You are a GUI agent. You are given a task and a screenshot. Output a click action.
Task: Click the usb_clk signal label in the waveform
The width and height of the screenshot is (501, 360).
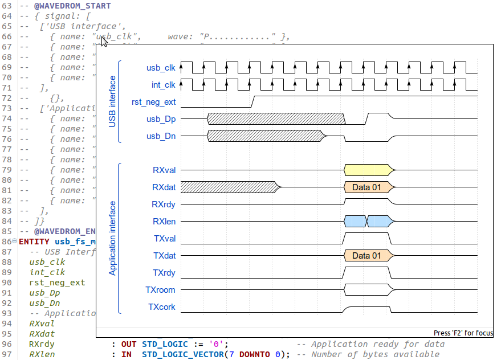[x=161, y=68]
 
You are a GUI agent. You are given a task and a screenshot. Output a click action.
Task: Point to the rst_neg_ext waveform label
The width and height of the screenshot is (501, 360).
[x=153, y=103]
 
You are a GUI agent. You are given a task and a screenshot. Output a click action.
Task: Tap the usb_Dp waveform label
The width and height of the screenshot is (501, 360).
[x=161, y=119]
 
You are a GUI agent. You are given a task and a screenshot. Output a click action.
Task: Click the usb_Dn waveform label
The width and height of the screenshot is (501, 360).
[x=161, y=136]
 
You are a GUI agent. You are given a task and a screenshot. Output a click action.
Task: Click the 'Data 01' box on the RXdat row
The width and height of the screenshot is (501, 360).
[x=366, y=187]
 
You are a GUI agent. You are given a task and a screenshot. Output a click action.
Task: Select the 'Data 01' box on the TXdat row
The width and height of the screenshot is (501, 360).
[x=366, y=256]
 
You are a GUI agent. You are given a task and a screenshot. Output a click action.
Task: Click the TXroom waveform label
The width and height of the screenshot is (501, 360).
[x=160, y=290]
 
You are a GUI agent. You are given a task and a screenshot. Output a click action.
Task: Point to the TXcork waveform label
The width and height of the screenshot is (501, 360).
[x=162, y=307]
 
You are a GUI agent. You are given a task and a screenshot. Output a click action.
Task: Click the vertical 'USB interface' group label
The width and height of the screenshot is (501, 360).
[x=112, y=101]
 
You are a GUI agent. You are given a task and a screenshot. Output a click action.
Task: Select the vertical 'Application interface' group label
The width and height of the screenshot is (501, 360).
[x=112, y=238]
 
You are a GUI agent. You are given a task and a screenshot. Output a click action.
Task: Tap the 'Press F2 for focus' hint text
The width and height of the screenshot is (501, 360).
[x=463, y=333]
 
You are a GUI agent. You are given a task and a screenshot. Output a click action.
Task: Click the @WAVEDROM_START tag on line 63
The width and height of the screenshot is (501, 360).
[x=72, y=6]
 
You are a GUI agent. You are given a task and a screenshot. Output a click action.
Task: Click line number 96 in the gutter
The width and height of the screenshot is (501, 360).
[x=7, y=344]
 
